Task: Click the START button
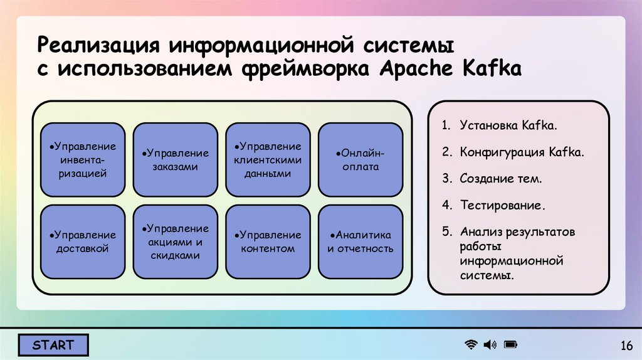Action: click(53, 345)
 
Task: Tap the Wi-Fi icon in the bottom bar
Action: click(470, 344)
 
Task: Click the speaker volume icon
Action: click(490, 344)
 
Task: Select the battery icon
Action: click(510, 344)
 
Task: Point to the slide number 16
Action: click(626, 346)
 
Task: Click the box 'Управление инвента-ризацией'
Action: click(83, 160)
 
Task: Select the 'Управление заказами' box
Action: click(176, 160)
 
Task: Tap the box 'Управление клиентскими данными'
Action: click(268, 160)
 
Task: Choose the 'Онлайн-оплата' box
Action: click(360, 160)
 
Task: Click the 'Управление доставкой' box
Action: click(83, 242)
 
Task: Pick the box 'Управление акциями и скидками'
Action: click(176, 242)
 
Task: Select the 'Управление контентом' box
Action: click(268, 242)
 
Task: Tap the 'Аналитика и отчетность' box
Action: click(360, 242)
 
